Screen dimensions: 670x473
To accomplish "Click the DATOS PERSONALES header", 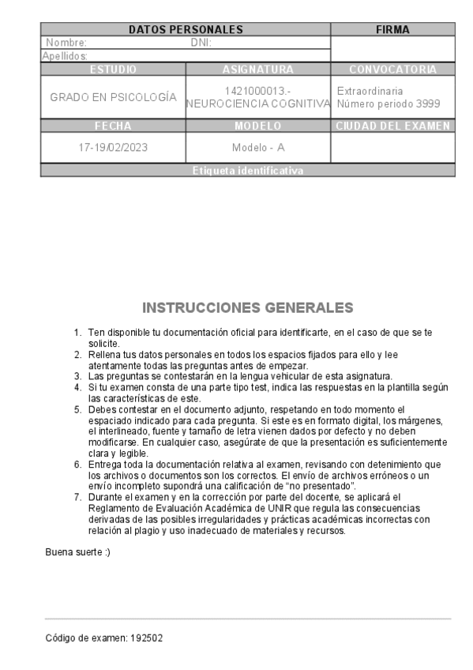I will (186, 30).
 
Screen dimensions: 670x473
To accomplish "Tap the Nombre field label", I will (66, 43).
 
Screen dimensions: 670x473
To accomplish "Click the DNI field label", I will (201, 43).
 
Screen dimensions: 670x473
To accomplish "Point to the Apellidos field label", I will (65, 56).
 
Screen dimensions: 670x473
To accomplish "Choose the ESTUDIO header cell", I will (113, 70).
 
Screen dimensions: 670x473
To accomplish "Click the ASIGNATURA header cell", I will (257, 70).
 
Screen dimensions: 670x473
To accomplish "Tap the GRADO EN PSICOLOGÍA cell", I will (113, 97).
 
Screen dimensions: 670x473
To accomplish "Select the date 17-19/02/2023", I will (113, 148).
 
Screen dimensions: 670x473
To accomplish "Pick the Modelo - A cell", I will (257, 148).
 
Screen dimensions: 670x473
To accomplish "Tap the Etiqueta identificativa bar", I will (247, 171).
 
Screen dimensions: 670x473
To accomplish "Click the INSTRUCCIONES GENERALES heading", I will (247, 307).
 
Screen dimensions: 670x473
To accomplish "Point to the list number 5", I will (77, 409).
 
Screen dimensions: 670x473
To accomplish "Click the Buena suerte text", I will (78, 551).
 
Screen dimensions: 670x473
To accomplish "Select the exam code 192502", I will (147, 638).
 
